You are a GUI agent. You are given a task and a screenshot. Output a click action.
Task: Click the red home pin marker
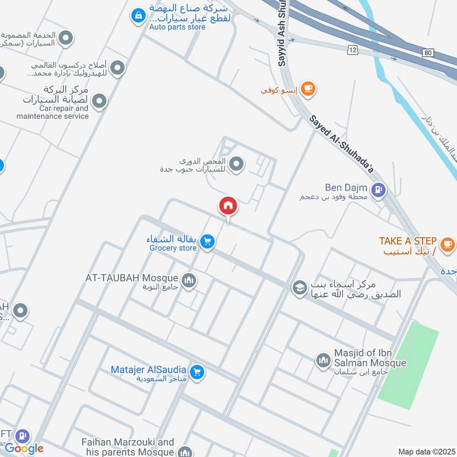[x=228, y=206]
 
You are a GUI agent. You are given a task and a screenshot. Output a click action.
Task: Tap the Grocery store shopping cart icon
[x=208, y=242]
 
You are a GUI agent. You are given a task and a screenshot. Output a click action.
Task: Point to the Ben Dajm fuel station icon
[x=378, y=191]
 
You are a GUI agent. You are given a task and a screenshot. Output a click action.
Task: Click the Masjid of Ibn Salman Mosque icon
[x=323, y=360]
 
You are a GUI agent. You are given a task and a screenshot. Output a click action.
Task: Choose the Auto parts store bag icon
[x=138, y=16]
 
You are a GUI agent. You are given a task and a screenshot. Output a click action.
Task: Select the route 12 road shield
[x=352, y=51]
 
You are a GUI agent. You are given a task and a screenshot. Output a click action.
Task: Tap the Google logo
[x=24, y=448]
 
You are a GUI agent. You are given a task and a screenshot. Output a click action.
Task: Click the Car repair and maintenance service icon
[x=99, y=102]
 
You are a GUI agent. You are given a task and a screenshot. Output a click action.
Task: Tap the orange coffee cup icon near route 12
[x=308, y=88]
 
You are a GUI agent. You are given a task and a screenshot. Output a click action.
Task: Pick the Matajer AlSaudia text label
[x=149, y=369]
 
